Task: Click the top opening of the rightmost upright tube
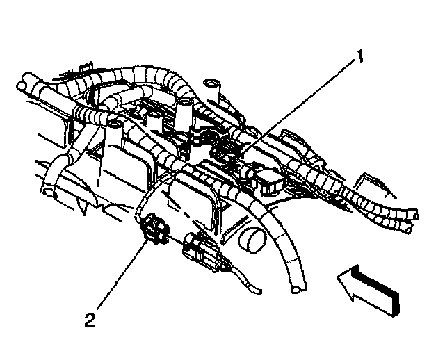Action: pos(212,86)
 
